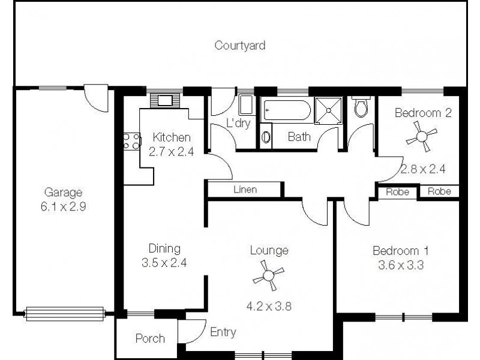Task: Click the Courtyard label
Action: [240, 45]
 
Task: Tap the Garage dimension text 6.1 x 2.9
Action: [62, 205]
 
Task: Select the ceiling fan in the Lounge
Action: [267, 277]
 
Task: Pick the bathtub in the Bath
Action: [287, 111]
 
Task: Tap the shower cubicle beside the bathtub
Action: [328, 110]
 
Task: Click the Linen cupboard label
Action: [245, 190]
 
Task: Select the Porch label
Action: [150, 338]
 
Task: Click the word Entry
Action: [223, 332]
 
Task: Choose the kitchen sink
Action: [162, 100]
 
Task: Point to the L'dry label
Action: [238, 124]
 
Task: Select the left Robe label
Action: [397, 192]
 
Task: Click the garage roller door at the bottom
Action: [65, 312]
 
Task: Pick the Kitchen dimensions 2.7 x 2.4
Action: [171, 151]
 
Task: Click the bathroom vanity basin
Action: [266, 136]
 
